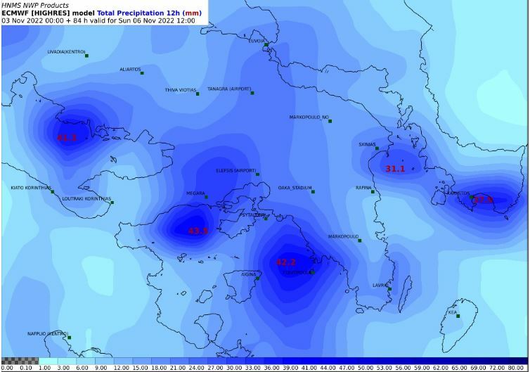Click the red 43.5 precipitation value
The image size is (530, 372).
(x=198, y=231)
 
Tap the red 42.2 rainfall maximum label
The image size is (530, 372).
(x=285, y=262)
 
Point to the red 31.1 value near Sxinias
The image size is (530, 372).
(x=395, y=169)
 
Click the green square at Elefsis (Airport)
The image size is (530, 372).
(x=258, y=173)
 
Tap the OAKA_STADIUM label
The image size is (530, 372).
(x=295, y=188)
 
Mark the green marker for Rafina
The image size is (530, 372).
(x=373, y=191)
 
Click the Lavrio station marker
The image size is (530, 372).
(x=389, y=289)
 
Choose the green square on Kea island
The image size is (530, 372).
(x=458, y=316)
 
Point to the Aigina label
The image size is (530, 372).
(x=249, y=274)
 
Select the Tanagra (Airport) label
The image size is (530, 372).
(x=228, y=89)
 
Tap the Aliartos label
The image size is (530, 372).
(x=130, y=70)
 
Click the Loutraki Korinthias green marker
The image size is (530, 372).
(x=112, y=203)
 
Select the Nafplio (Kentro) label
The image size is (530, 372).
(x=47, y=333)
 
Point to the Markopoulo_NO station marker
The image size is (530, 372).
(x=330, y=121)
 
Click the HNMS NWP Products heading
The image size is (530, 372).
(x=35, y=5)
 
